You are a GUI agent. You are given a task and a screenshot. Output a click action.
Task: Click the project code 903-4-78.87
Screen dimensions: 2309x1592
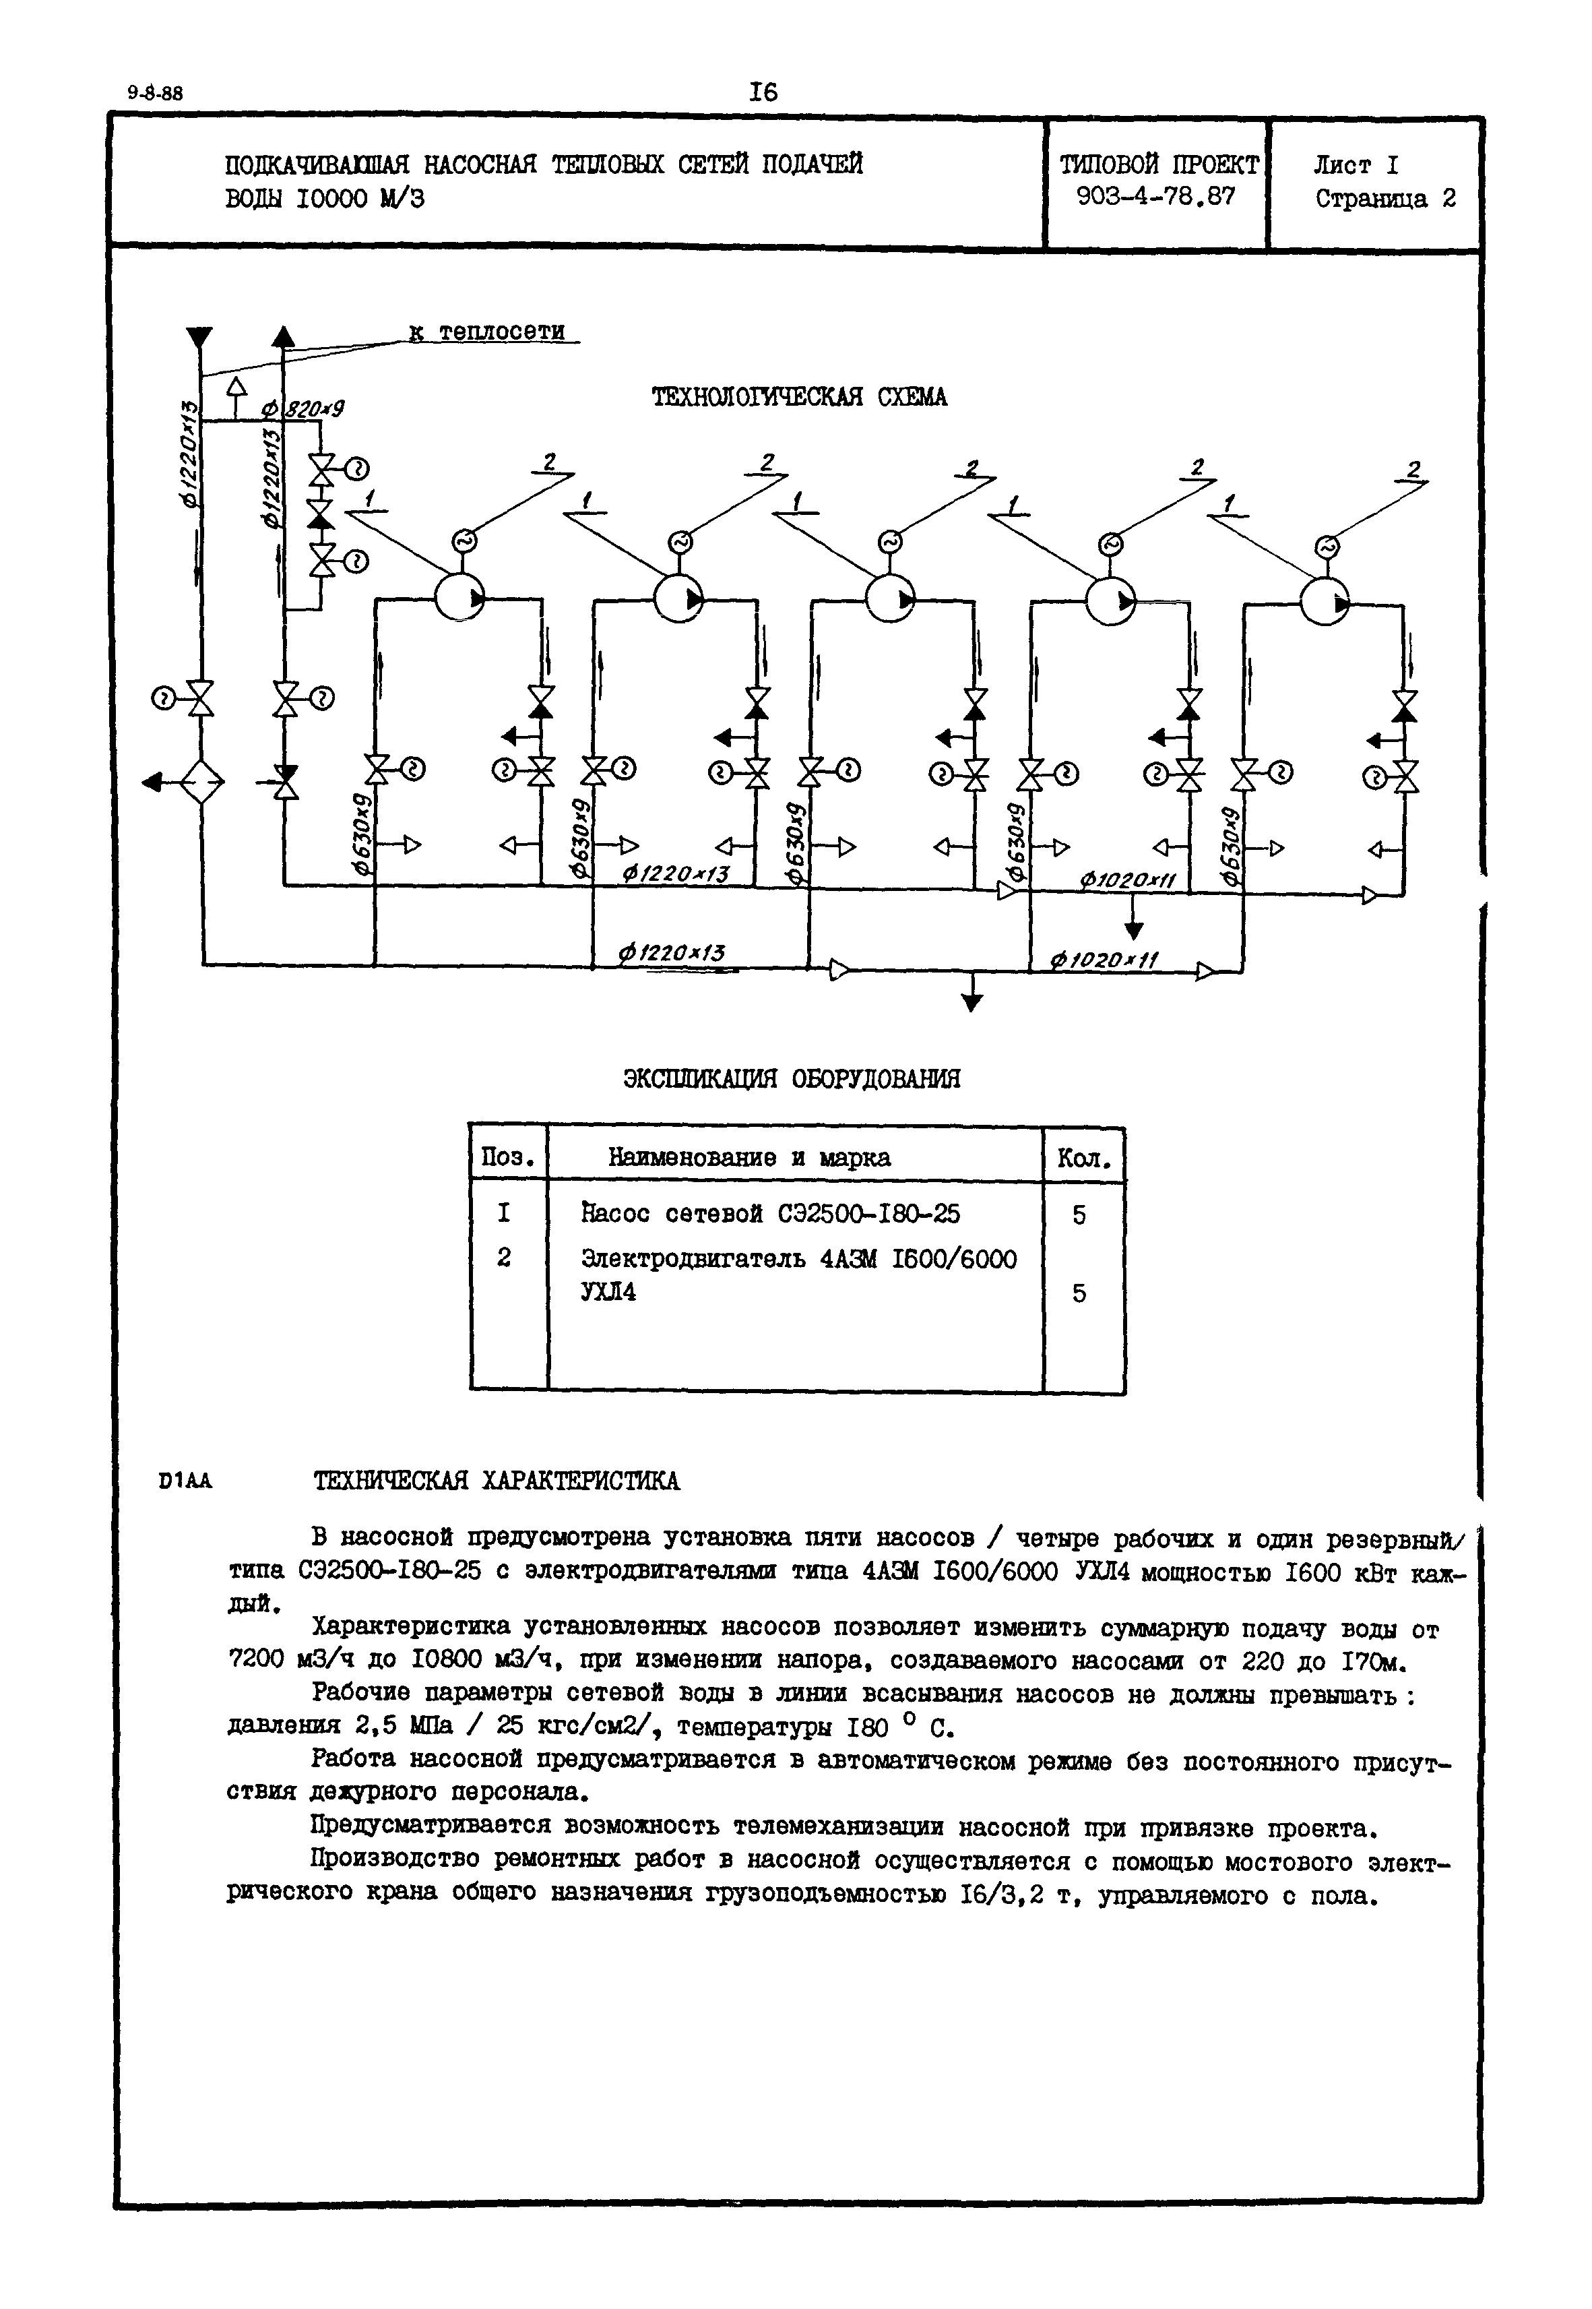[1156, 197]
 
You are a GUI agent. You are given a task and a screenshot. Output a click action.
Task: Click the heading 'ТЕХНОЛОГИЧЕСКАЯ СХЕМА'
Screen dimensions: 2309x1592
[799, 397]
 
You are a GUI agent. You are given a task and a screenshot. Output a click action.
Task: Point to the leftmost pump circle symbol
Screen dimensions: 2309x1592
[459, 598]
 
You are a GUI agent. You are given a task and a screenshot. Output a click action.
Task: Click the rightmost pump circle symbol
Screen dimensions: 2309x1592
[1324, 603]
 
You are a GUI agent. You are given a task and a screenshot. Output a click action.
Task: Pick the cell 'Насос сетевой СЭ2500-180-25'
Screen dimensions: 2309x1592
[771, 1213]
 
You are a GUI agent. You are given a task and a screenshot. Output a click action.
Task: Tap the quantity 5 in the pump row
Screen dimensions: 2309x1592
[1079, 1215]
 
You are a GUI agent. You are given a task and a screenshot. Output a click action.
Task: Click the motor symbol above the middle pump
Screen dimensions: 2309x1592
[888, 542]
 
